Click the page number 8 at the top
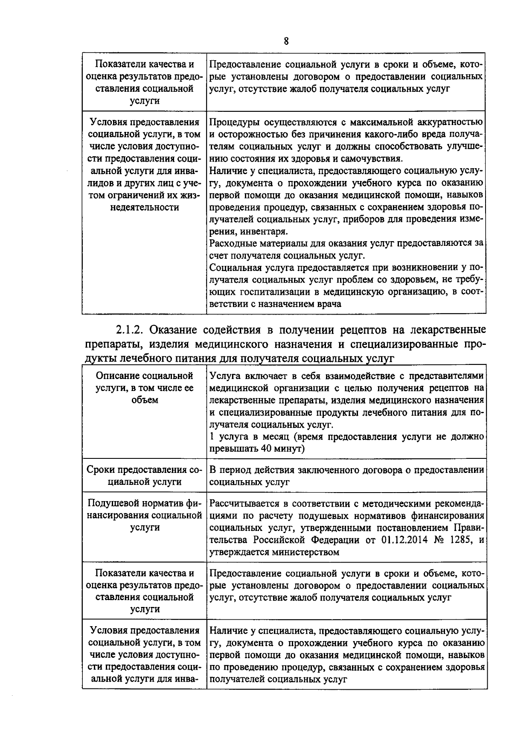[x=286, y=41]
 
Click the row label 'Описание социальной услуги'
[x=144, y=388]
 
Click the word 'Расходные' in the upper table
[x=230, y=244]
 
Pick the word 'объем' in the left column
[x=145, y=400]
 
